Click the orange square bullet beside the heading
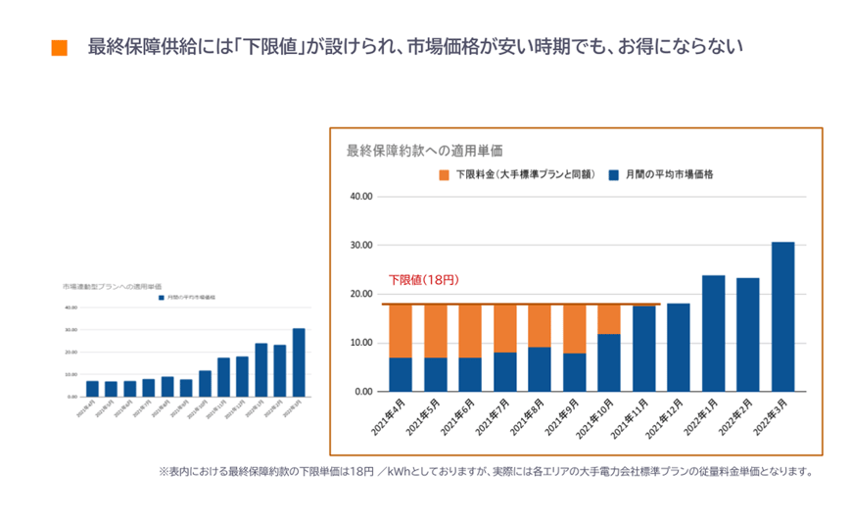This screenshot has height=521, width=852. click(x=59, y=48)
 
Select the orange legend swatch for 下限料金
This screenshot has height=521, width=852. click(x=444, y=174)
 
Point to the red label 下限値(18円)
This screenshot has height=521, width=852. click(x=423, y=280)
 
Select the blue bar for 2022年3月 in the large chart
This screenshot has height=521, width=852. click(x=782, y=316)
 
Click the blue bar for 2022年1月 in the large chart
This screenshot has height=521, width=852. click(x=713, y=333)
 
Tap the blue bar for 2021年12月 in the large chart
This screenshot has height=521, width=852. click(x=678, y=348)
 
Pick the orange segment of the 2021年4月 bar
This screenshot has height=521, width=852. click(x=400, y=331)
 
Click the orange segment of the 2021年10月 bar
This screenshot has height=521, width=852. click(x=608, y=319)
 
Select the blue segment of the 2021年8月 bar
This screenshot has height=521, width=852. click(x=539, y=369)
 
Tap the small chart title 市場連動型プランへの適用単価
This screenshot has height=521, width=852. click(x=113, y=286)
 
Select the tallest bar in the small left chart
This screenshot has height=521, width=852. click(x=298, y=362)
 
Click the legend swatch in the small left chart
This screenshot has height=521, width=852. click(x=162, y=297)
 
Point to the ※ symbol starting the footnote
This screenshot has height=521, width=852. click(x=164, y=471)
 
